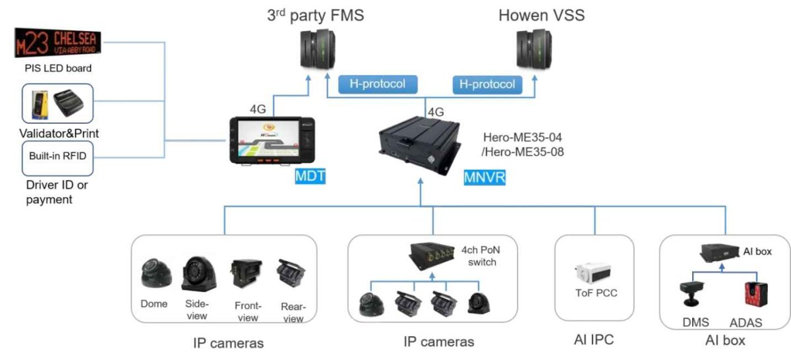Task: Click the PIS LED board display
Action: pyautogui.click(x=59, y=43)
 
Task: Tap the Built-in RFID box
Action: pyautogui.click(x=57, y=156)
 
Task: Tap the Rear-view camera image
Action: pyautogui.click(x=292, y=278)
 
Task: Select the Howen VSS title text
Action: pyautogui.click(x=542, y=15)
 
